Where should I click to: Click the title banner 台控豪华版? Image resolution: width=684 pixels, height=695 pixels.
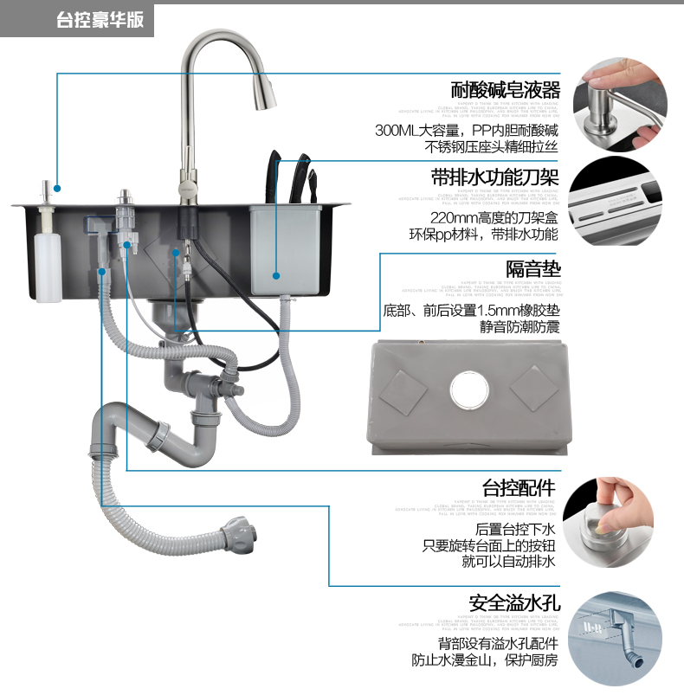pos(100,20)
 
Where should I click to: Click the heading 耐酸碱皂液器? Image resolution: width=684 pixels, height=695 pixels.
pos(506,90)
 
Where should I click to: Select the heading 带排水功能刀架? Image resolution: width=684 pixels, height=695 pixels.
pos(494,178)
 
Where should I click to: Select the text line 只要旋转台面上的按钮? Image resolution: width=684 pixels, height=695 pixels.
pos(488,545)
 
